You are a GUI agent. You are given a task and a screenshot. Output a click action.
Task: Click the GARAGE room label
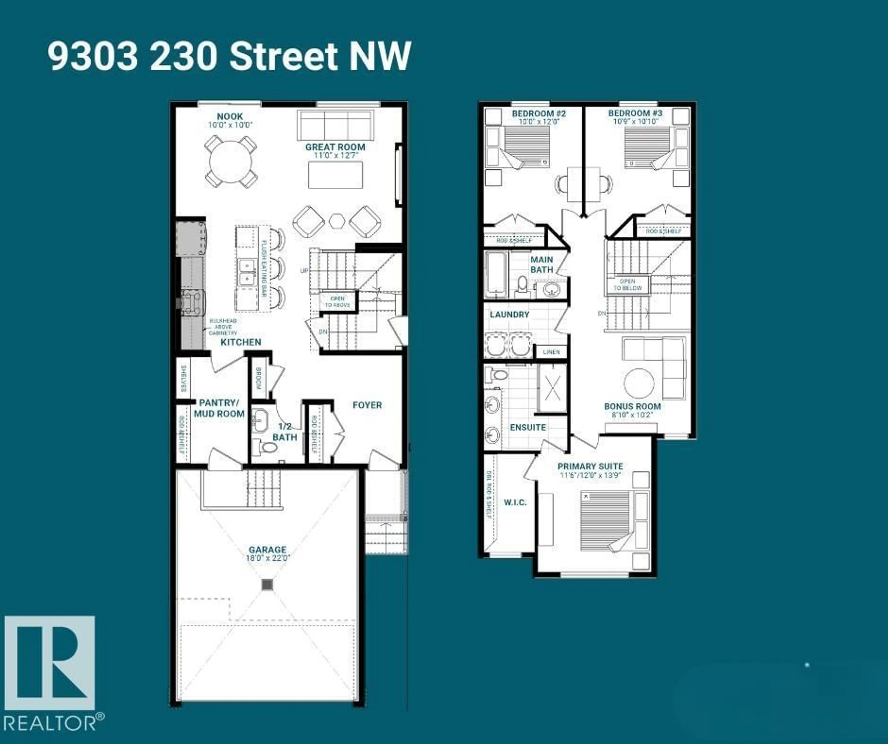tap(267, 550)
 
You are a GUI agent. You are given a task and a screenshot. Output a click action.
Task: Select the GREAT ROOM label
tap(335, 147)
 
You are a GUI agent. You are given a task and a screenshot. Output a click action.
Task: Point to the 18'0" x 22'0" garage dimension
tap(267, 558)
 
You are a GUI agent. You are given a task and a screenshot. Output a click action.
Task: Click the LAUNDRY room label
tap(509, 315)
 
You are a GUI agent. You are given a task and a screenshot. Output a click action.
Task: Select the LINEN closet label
tap(551, 352)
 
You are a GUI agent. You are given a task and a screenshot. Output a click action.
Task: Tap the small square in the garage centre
tap(267, 585)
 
